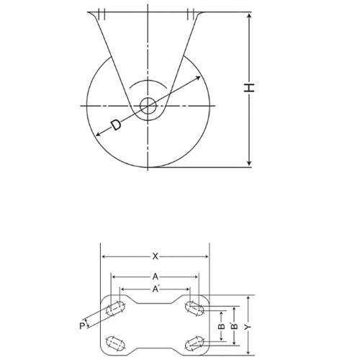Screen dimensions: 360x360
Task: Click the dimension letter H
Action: (249, 88)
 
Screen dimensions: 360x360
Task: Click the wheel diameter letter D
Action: (116, 125)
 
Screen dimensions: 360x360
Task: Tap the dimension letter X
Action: (156, 256)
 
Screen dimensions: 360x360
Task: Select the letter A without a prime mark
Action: (156, 277)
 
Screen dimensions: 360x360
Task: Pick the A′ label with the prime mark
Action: (156, 289)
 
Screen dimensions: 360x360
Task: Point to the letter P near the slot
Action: (82, 326)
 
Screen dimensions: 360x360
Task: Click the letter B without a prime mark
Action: (222, 326)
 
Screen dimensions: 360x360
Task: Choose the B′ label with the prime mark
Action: (235, 325)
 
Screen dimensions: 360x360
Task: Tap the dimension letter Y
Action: (249, 326)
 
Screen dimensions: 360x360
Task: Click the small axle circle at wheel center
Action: (148, 106)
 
